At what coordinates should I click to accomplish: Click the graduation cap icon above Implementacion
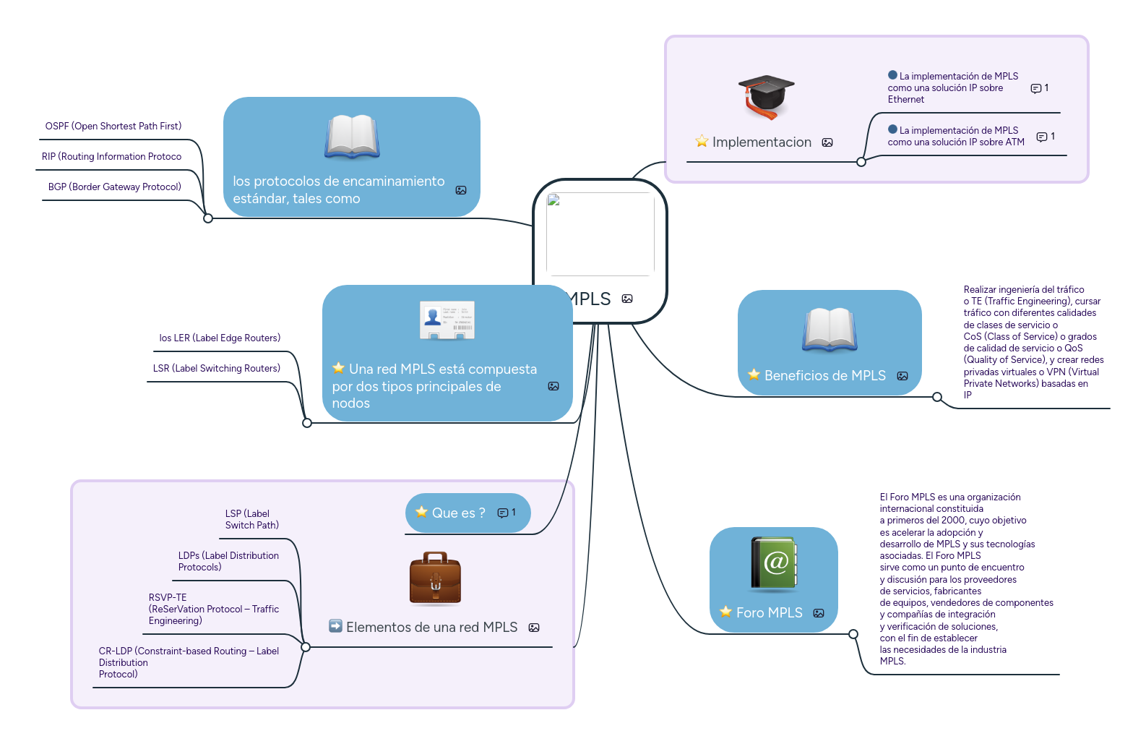(766, 96)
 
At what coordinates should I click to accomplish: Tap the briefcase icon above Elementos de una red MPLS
(435, 578)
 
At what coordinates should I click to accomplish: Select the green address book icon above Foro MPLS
(774, 563)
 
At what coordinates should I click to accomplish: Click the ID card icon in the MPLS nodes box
(447, 320)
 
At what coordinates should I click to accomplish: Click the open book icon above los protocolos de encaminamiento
(352, 136)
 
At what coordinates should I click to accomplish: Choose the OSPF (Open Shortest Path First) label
(113, 127)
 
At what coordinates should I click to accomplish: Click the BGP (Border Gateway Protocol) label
(115, 187)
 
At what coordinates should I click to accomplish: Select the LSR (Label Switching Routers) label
(217, 369)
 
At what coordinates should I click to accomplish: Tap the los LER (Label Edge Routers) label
(220, 338)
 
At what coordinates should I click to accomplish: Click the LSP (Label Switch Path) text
(251, 520)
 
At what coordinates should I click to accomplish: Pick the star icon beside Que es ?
(422, 512)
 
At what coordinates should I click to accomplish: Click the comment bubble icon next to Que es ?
(502, 513)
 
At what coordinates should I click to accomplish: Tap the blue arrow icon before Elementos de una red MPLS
(335, 626)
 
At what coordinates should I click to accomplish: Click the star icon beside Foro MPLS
(726, 612)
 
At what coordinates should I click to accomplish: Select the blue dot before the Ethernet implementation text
(892, 75)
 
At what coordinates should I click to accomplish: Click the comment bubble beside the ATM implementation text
(1042, 137)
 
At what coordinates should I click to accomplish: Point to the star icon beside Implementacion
(702, 141)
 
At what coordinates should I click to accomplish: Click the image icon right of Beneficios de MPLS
(902, 376)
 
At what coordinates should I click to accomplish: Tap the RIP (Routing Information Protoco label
(112, 157)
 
